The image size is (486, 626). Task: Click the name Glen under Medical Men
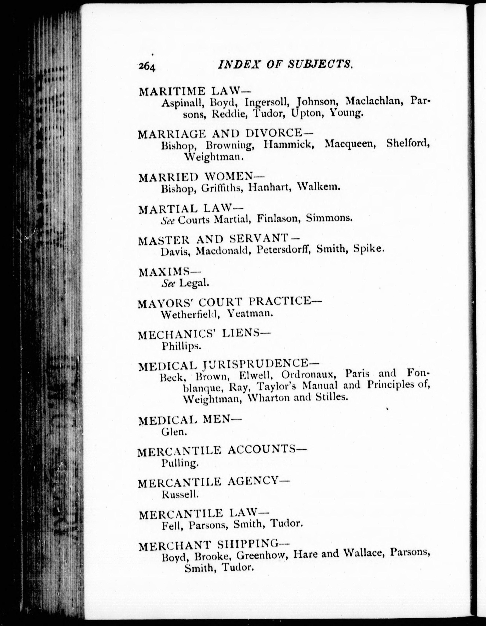click(174, 432)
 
